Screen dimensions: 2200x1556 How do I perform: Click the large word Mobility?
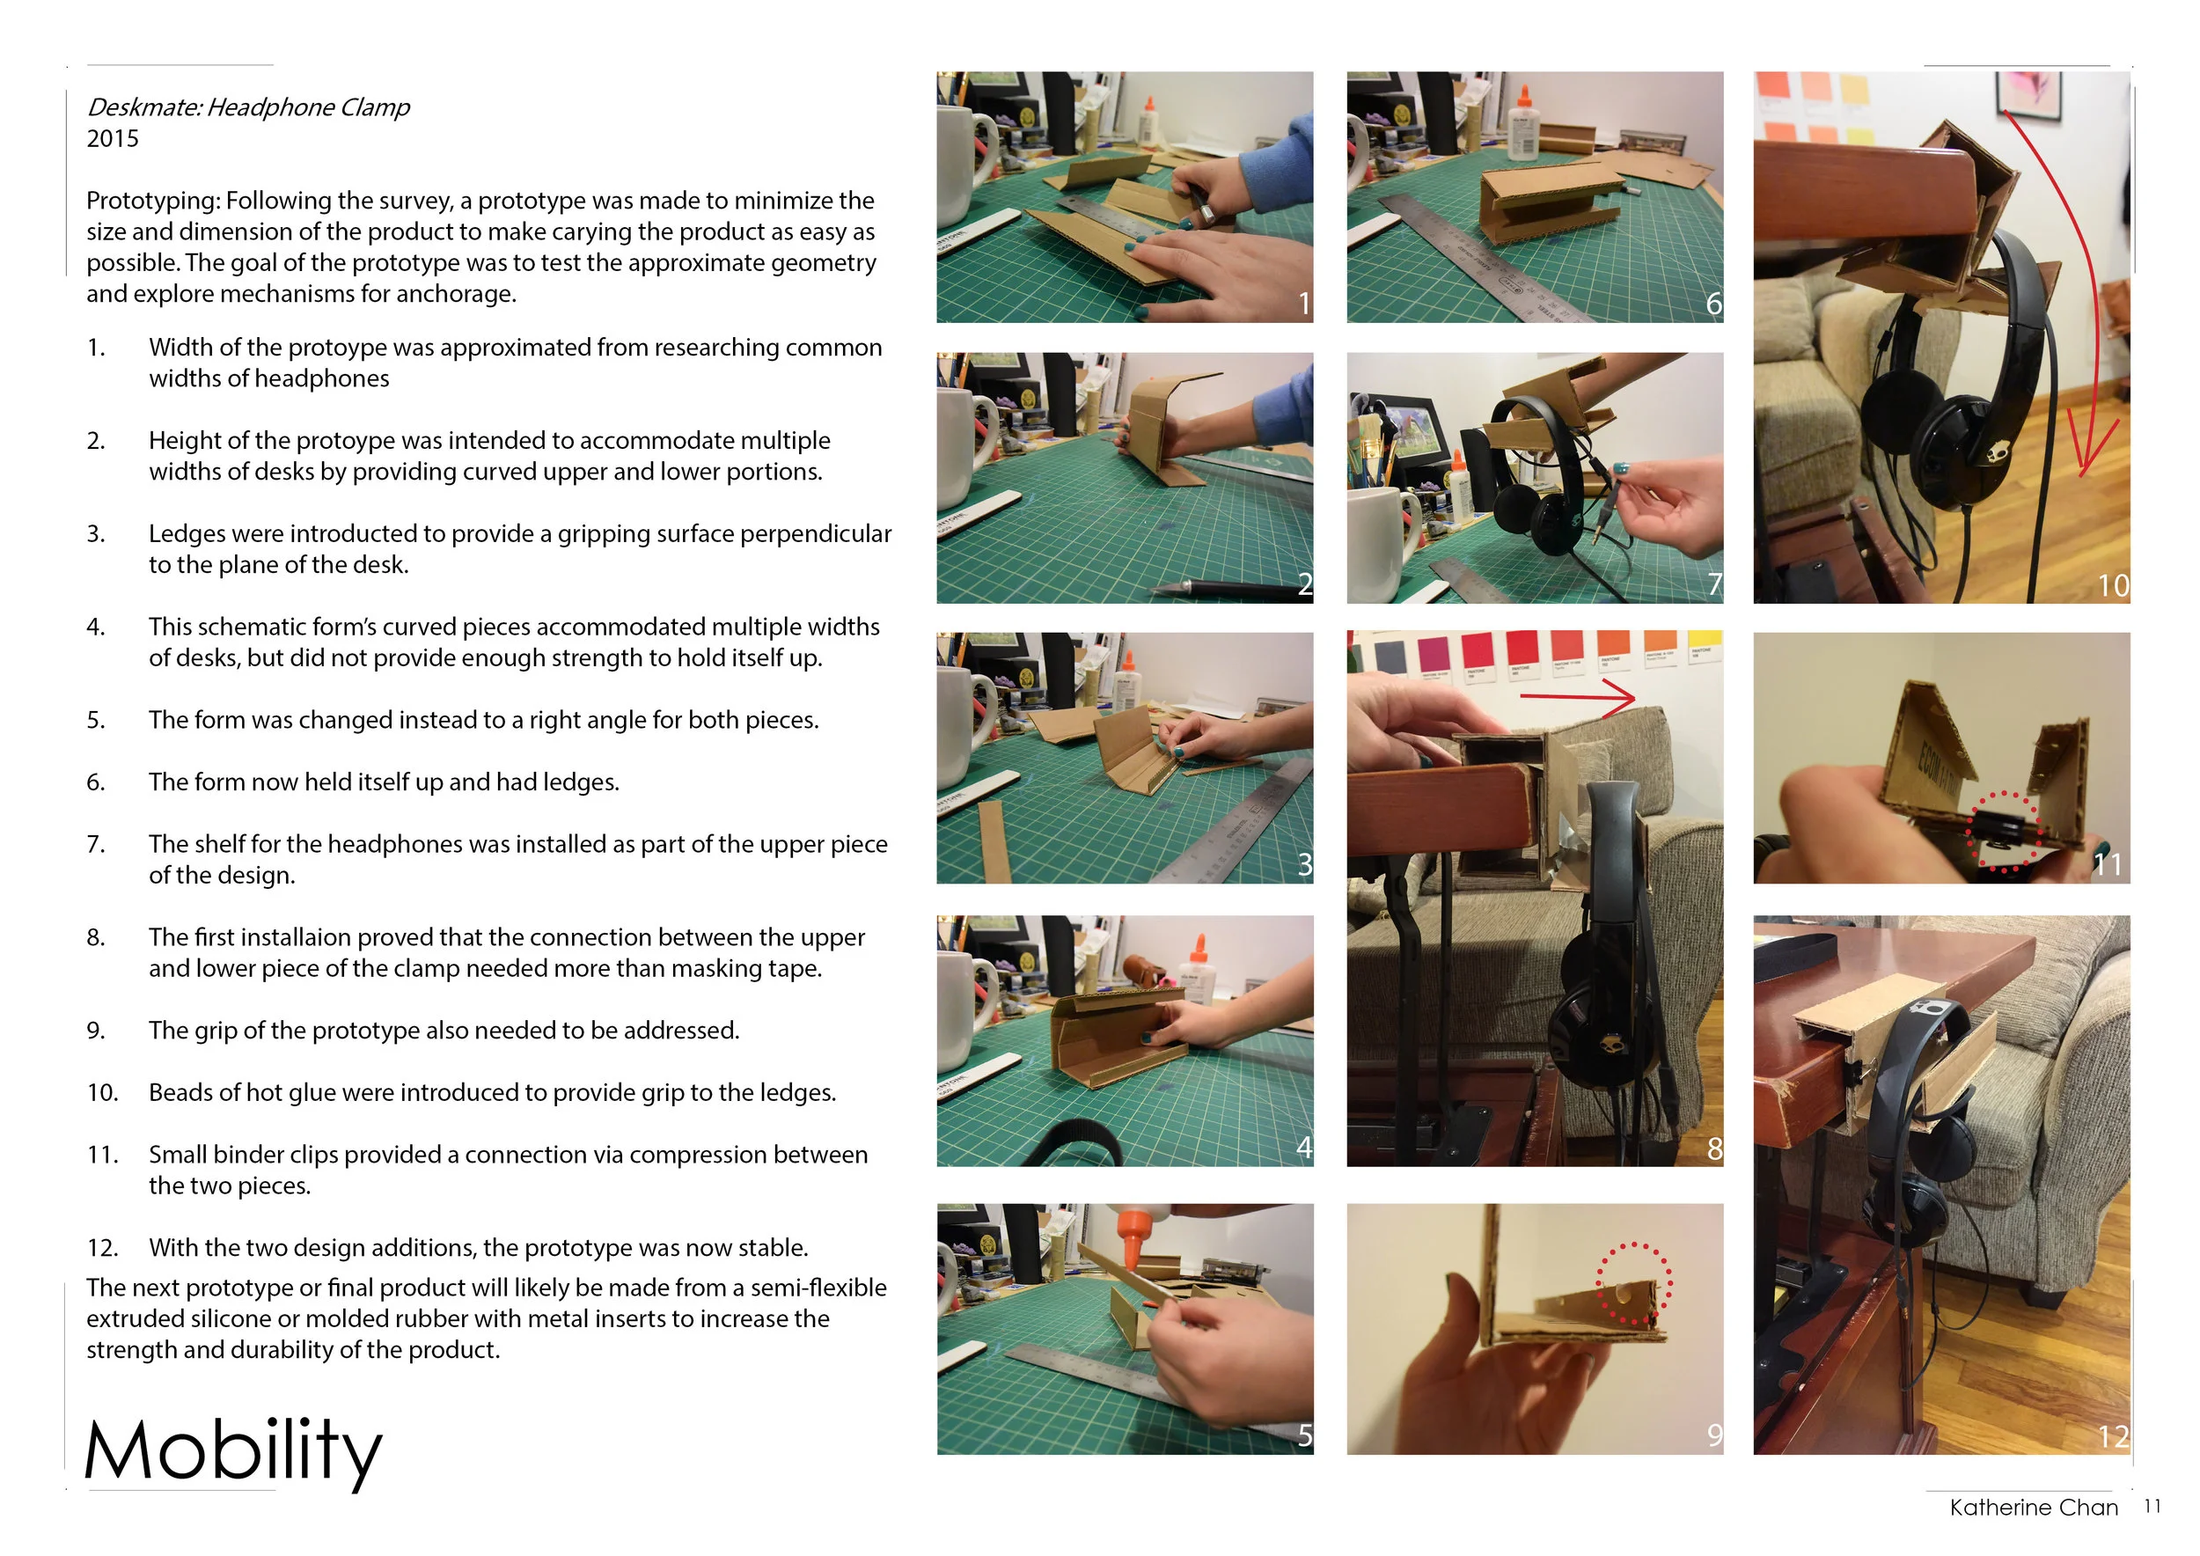(233, 1450)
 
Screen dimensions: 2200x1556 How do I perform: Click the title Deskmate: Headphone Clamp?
(248, 107)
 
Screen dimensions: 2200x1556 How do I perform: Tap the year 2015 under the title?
(112, 139)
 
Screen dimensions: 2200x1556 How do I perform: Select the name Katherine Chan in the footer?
(2034, 1507)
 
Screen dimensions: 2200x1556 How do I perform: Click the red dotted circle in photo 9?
(1633, 1285)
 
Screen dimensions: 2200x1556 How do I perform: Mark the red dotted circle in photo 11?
(2003, 831)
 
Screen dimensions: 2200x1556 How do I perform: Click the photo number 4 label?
(1303, 1147)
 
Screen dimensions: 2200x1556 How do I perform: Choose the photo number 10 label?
(2113, 585)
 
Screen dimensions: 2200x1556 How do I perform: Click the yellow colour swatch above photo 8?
(1704, 645)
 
